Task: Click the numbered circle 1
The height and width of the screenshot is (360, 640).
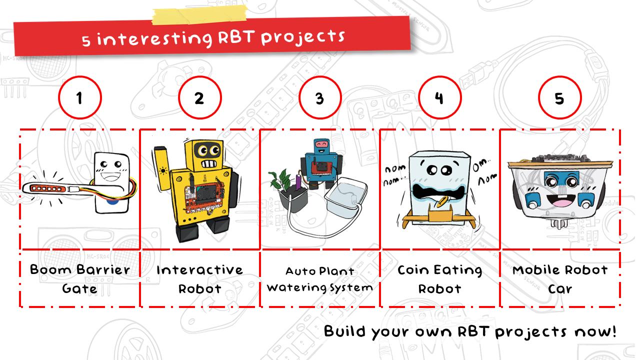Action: click(x=80, y=98)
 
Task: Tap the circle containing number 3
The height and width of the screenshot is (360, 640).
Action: click(x=320, y=98)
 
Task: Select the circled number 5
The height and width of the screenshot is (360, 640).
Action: click(x=559, y=98)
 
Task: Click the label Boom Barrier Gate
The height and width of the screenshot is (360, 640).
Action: click(x=80, y=279)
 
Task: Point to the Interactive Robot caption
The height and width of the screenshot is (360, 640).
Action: click(x=199, y=279)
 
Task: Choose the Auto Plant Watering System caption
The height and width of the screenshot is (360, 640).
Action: click(x=320, y=279)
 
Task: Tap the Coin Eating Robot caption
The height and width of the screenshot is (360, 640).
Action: click(x=440, y=279)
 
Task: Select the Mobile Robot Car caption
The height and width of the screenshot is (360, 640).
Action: click(x=560, y=279)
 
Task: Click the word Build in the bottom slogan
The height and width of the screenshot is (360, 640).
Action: click(x=344, y=331)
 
